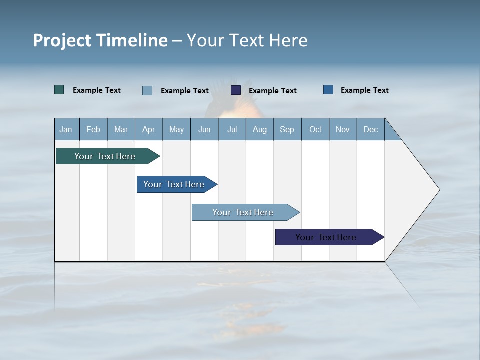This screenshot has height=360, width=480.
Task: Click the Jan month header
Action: [66, 129]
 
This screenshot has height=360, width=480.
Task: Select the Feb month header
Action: [93, 129]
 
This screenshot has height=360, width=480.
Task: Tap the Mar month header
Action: [121, 129]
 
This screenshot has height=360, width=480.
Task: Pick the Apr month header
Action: [149, 129]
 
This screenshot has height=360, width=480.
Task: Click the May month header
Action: [176, 129]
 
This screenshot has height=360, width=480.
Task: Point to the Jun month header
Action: [204, 129]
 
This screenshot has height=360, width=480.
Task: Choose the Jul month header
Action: [232, 129]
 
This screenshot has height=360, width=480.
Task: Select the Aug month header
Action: [260, 129]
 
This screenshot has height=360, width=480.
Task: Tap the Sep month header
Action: [287, 129]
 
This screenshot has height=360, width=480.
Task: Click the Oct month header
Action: [315, 129]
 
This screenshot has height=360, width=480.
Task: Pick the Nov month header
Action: [343, 129]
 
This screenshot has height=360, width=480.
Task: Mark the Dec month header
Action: [371, 129]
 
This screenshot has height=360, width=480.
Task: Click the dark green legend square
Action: [59, 90]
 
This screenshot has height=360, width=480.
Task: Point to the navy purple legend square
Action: [236, 90]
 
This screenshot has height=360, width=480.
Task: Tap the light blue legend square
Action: [147, 90]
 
